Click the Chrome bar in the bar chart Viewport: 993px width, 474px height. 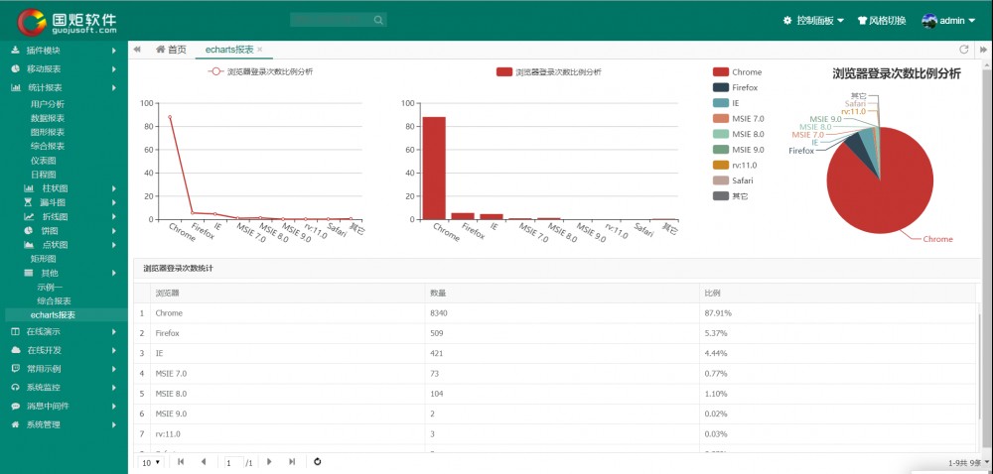434,168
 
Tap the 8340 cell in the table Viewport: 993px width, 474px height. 439,313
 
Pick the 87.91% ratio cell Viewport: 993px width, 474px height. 718,313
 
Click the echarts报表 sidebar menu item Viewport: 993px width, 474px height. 53,315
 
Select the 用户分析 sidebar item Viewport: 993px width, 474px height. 48,104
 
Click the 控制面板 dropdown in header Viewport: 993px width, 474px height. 813,20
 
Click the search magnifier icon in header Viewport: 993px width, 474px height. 378,20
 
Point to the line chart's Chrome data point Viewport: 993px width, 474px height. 170,117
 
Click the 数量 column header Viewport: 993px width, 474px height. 438,294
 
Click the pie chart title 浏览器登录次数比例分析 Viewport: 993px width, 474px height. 896,73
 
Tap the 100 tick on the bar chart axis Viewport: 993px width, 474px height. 407,103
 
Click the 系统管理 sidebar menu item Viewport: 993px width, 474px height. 44,424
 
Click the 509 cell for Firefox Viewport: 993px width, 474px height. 437,333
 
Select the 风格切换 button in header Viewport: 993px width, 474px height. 880,20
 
